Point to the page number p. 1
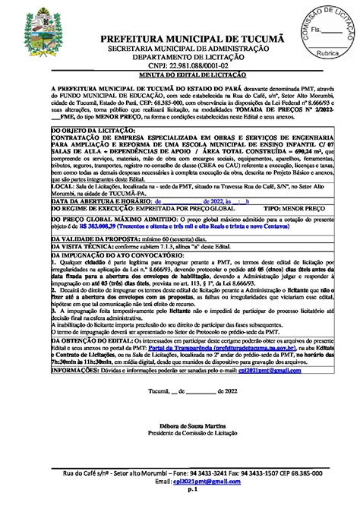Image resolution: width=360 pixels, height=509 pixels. point(180,492)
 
